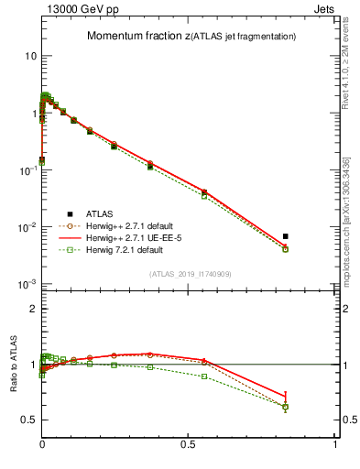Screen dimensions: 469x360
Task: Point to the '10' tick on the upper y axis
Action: point(30,56)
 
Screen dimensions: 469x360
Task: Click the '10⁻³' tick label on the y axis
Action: point(27,284)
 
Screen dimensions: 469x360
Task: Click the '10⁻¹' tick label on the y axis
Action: point(27,170)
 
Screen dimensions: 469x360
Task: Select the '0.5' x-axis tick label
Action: point(189,444)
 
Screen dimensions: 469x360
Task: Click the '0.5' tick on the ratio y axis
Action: point(28,420)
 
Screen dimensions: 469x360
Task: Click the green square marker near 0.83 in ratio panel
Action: point(286,407)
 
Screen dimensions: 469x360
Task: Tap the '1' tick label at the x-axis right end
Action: point(335,444)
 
